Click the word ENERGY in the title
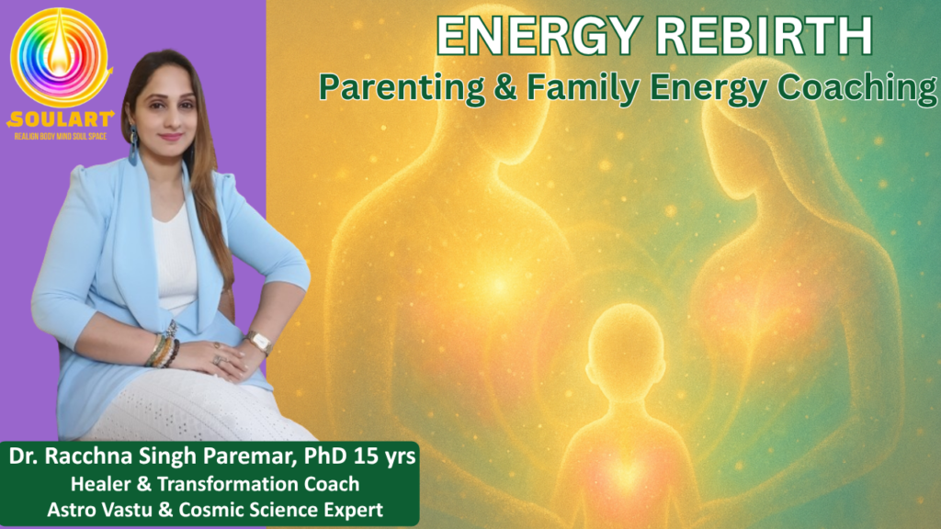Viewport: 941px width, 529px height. (x=539, y=36)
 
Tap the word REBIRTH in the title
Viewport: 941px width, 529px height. (x=765, y=36)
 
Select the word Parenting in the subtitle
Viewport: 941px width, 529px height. (x=402, y=87)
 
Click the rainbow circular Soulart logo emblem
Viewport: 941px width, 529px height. (x=60, y=57)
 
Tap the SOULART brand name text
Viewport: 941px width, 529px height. (x=61, y=119)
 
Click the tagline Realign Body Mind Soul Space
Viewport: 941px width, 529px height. (x=61, y=137)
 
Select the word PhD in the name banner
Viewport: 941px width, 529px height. (x=324, y=456)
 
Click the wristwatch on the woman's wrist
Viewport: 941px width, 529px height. (x=260, y=342)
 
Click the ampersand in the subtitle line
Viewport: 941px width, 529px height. (x=506, y=87)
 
